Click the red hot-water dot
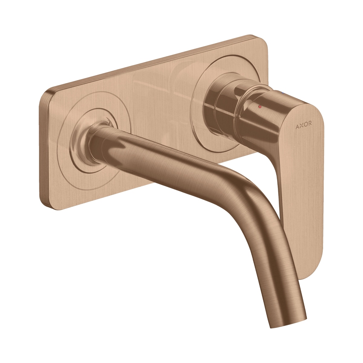(x=260, y=107)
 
